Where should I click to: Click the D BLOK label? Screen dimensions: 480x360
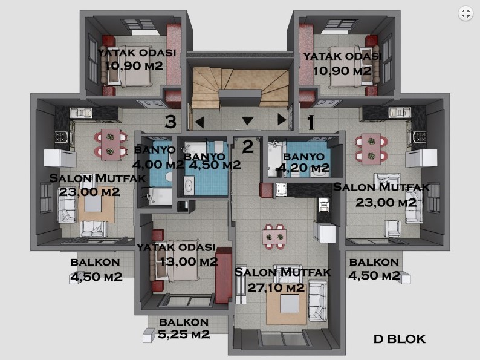point(400,339)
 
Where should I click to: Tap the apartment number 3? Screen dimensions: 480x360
point(170,122)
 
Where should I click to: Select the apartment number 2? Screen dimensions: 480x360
point(248,146)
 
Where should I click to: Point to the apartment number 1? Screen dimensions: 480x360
point(311,122)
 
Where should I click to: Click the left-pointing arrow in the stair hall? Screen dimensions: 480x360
point(199,122)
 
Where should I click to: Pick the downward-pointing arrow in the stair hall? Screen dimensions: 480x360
point(248,121)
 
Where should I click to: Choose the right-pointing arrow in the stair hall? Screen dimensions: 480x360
point(282,119)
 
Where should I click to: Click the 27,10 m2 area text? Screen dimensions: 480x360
point(276,287)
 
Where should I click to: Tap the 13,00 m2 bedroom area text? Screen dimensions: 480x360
point(189,261)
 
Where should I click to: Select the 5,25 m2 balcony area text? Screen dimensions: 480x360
point(184,333)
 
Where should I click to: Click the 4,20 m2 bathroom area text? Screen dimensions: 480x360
point(303,168)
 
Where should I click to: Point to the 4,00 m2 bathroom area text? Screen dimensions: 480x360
point(158,164)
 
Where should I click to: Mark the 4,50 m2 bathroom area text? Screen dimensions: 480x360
point(215,165)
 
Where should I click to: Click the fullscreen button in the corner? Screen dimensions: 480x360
point(465,13)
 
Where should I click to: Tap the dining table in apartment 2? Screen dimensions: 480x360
point(274,237)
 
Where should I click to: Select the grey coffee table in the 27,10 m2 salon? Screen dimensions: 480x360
point(290,303)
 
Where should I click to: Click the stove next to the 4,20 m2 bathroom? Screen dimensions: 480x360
point(281,189)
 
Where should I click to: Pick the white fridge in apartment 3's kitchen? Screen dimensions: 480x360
point(60,158)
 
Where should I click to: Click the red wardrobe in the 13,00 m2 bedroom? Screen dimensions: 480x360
point(224,275)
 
